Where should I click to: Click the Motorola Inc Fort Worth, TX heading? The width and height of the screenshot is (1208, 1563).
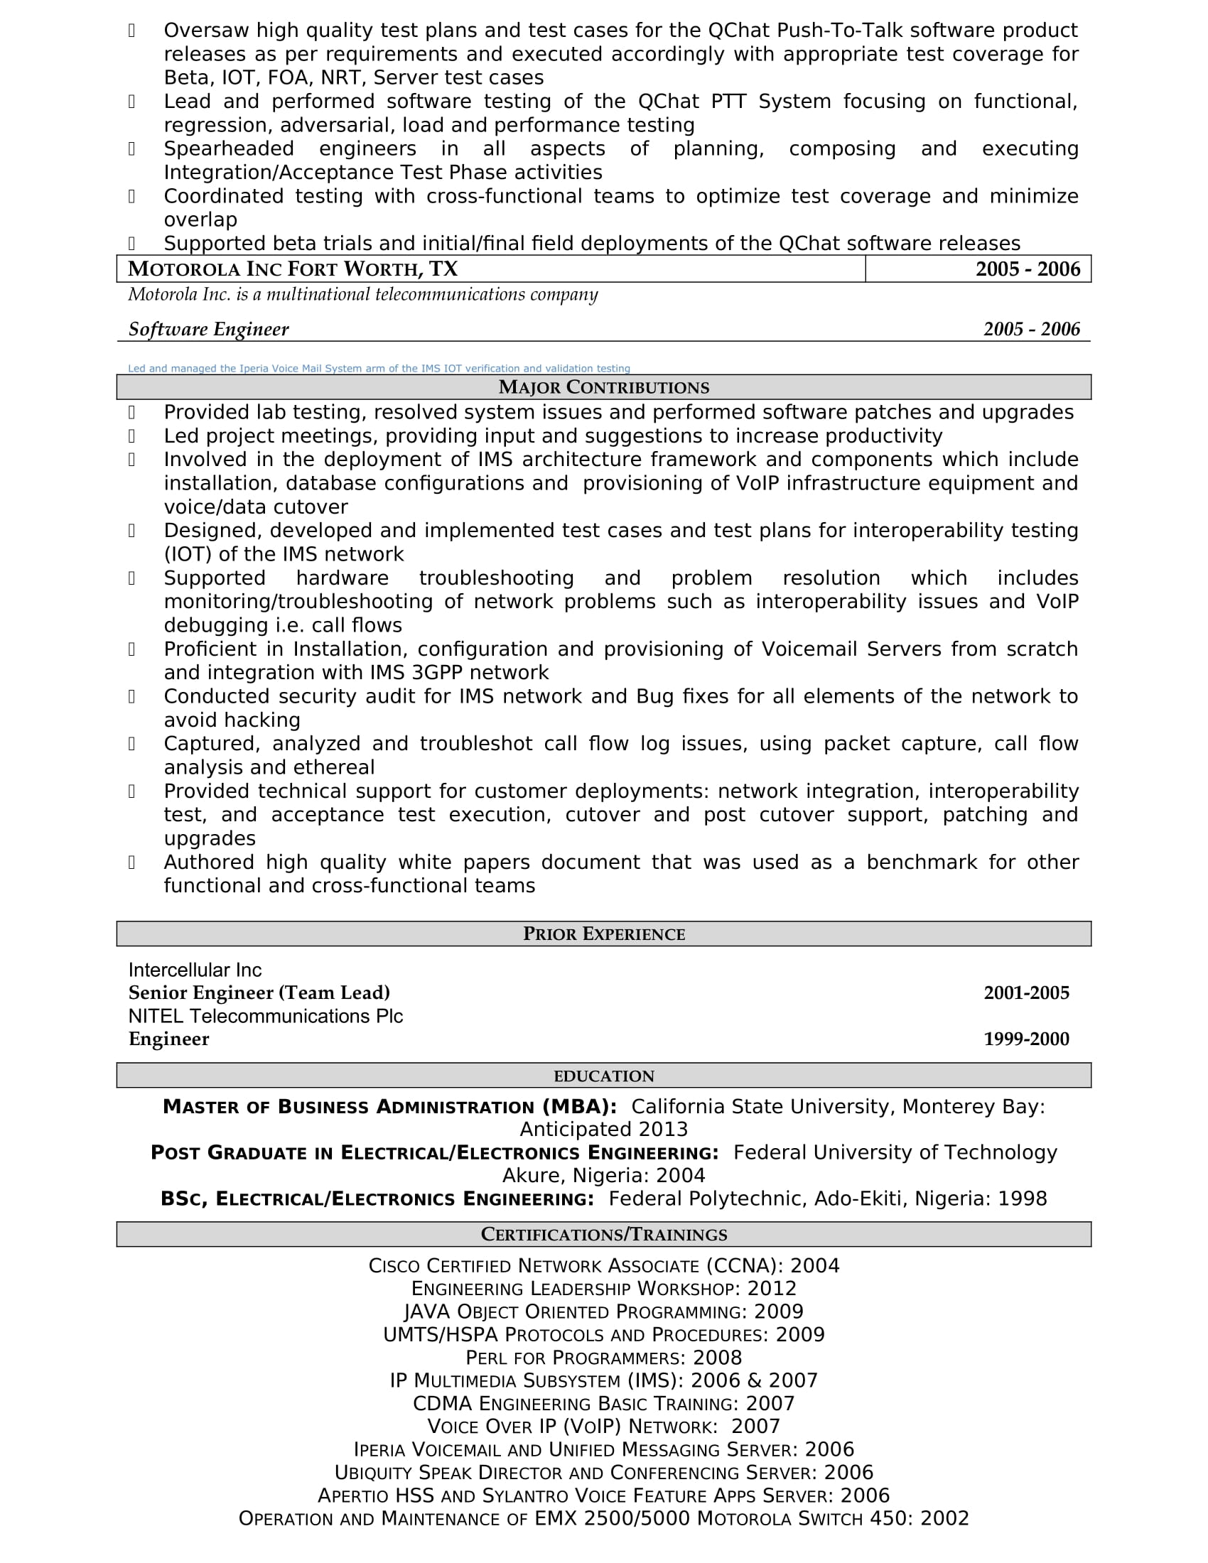coord(293,269)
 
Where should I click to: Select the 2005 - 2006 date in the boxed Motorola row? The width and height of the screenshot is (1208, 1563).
coord(1028,269)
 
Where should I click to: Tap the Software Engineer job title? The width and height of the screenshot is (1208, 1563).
coord(208,329)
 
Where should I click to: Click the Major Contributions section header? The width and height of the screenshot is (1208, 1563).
coord(603,387)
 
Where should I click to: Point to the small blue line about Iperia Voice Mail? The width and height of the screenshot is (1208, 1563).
coord(379,369)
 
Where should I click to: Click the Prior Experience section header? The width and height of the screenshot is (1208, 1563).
coord(603,934)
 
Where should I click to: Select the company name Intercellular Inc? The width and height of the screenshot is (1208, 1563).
coord(195,970)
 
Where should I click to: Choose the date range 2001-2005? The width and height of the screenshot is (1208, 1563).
coord(1026,993)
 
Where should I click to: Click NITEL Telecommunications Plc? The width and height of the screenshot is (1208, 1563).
coord(266,1016)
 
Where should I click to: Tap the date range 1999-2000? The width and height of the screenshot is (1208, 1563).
coord(1026,1039)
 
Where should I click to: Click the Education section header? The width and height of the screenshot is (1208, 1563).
coord(603,1076)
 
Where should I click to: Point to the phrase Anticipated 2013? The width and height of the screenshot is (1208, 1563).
coord(603,1130)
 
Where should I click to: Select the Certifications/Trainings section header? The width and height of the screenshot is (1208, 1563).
coord(603,1235)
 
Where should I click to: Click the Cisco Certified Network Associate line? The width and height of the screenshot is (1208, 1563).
coord(603,1266)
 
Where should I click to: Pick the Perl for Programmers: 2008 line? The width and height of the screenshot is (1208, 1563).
coord(603,1358)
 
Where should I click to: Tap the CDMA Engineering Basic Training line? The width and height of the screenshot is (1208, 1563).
coord(603,1403)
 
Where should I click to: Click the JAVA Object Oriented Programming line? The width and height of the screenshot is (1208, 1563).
coord(603,1311)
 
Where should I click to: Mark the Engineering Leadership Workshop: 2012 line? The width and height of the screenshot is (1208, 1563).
coord(603,1289)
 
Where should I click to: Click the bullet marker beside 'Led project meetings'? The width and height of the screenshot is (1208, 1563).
coord(131,436)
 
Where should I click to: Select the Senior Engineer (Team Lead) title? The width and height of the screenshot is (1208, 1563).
coord(259,993)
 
